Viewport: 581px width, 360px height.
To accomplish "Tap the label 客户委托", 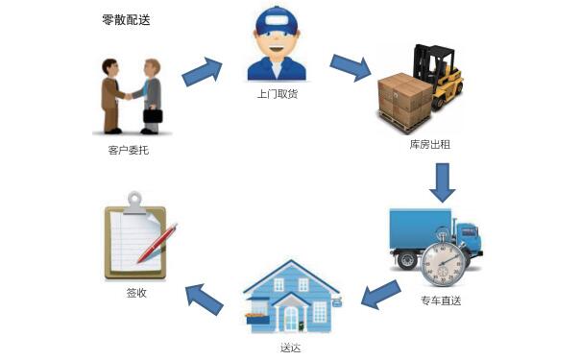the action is tap(129, 150).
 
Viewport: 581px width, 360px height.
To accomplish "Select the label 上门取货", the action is tap(278, 94).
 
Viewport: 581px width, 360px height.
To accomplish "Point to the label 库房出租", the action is tap(429, 144).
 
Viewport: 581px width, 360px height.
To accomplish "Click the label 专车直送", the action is tap(441, 300).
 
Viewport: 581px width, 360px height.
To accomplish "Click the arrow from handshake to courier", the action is tap(202, 70).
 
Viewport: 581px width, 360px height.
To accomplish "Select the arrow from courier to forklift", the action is tap(351, 68).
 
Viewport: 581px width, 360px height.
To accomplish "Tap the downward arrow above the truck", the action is tap(441, 181).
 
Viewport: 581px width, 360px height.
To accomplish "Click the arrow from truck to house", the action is tap(379, 294).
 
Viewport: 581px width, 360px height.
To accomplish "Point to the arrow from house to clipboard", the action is tap(206, 297).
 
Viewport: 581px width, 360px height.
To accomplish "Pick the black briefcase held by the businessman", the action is tap(153, 116).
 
